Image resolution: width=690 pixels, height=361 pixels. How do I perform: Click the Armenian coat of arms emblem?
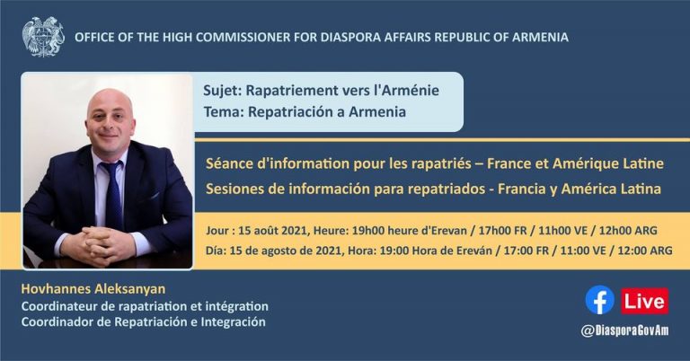[x=43, y=37]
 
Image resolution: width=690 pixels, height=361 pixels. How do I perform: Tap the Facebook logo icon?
[x=599, y=300]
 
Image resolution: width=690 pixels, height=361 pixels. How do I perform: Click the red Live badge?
[x=645, y=301]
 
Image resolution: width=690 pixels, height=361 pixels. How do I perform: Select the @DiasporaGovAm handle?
[x=624, y=330]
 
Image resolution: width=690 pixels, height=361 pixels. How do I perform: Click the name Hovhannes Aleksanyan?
[x=93, y=289]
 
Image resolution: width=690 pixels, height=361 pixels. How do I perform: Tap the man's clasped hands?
[x=98, y=245]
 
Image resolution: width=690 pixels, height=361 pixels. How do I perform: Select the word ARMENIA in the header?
[x=540, y=38]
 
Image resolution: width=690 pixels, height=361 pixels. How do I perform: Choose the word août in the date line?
[x=266, y=230]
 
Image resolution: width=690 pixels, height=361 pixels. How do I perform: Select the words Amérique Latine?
[x=607, y=163]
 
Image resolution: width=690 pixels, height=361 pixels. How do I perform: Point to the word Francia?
[x=520, y=189]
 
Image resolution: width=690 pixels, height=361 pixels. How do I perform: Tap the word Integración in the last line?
[x=233, y=321]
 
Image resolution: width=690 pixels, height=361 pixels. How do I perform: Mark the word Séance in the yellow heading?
[x=226, y=163]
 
